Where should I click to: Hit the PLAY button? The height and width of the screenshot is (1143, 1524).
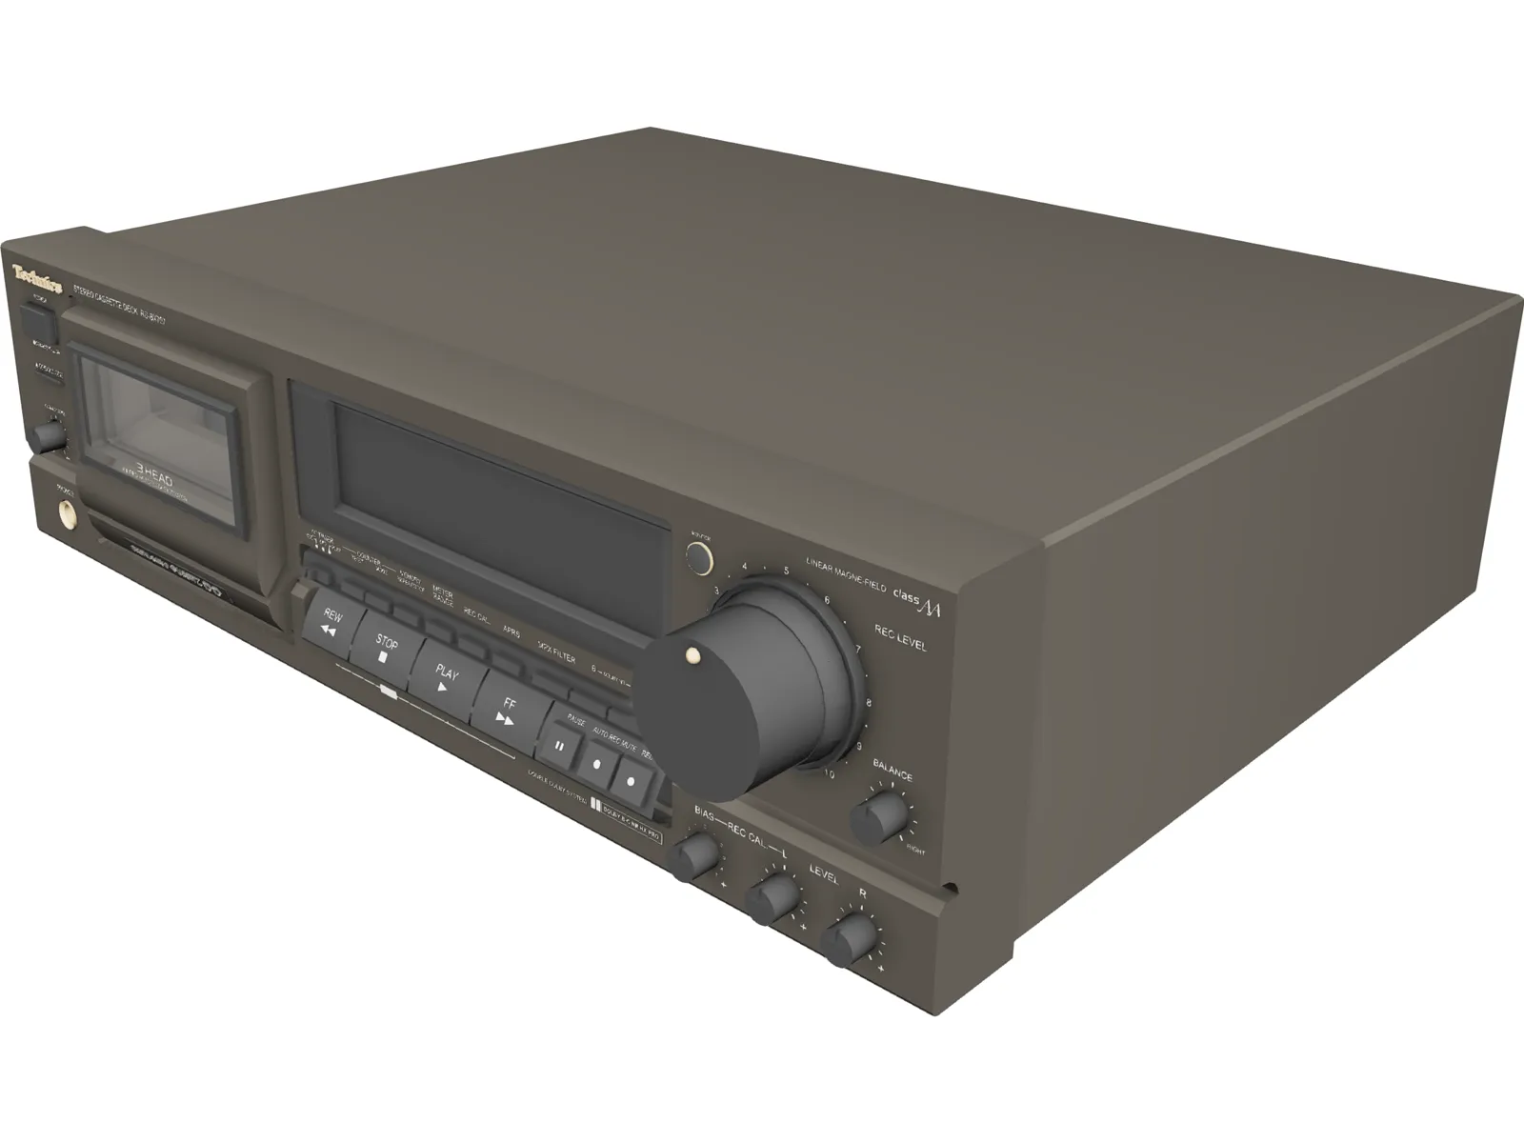coord(445,679)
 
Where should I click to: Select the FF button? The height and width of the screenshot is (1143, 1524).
coord(508,711)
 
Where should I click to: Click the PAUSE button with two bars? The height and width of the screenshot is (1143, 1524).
coord(561,746)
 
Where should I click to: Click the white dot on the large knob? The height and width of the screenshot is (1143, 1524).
coord(693,655)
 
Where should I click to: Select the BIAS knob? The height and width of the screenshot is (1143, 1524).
coord(694,855)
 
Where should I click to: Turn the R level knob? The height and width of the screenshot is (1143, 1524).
coord(849,939)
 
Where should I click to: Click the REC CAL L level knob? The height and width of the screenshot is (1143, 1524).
coord(772,896)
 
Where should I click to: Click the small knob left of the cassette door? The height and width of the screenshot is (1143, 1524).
coord(47,435)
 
